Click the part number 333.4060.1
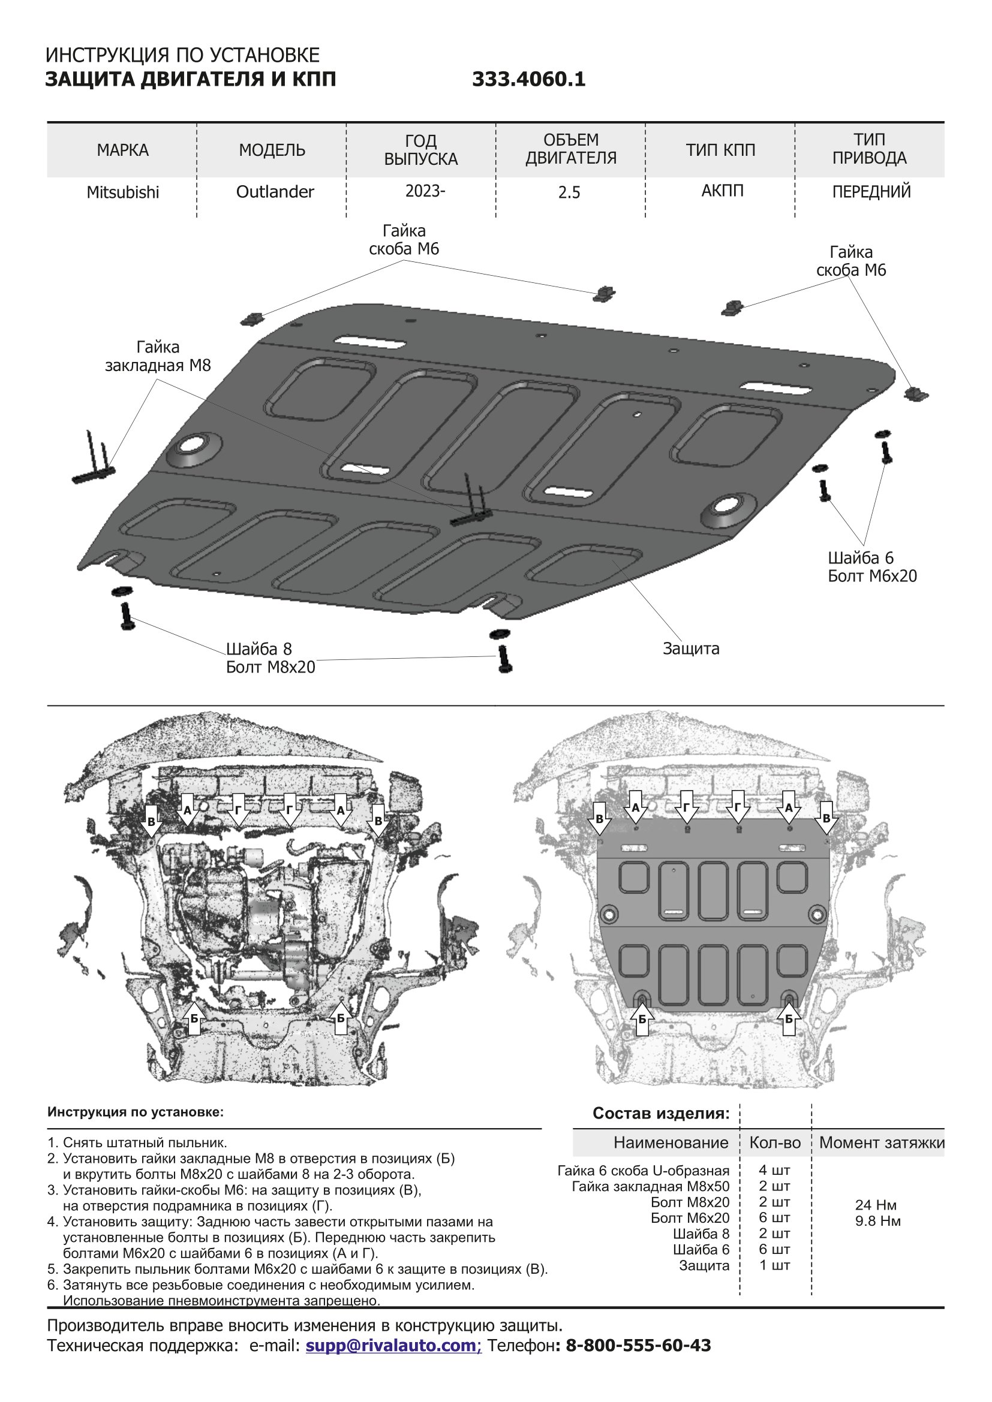coord(528,79)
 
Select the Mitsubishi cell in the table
coord(123,192)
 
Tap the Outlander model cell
coord(275,192)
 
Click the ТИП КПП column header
coord(721,150)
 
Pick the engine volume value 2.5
coord(569,193)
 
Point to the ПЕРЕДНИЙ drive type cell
coord(871,192)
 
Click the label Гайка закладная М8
coord(158,357)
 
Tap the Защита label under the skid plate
coord(691,649)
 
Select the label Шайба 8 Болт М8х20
coord(270,658)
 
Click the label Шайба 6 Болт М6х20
coord(872,566)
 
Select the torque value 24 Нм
coord(875,1205)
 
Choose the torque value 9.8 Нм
coord(878,1220)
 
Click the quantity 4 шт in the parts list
coord(774,1171)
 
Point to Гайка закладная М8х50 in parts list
coord(650,1186)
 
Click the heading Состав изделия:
coord(661,1113)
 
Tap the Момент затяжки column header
coord(882,1142)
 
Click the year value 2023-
coord(425,191)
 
